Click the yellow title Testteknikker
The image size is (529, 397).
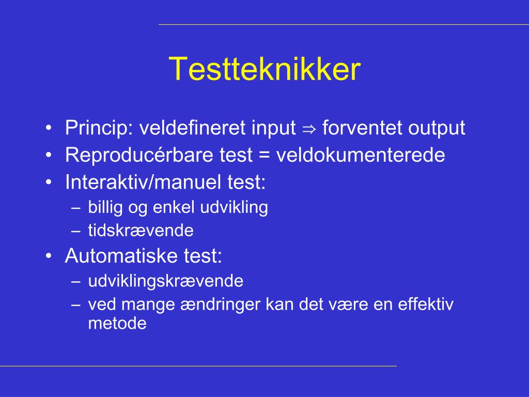point(265,69)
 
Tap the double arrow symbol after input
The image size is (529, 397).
point(309,129)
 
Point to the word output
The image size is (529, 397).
point(437,129)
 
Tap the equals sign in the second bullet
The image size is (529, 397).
point(264,155)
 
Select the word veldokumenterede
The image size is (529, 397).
point(361,155)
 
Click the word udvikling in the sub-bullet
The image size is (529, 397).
point(234,207)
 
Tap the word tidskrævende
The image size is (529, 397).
point(141,231)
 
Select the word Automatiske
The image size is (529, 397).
point(121,255)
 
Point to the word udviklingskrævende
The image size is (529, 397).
point(166,281)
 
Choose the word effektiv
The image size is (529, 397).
point(426,304)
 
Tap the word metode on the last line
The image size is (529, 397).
point(117,324)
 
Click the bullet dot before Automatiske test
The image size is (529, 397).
point(49,256)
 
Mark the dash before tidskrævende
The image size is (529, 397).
point(76,232)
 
